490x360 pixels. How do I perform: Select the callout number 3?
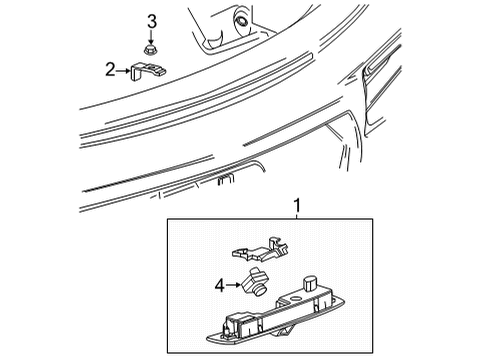click(x=152, y=22)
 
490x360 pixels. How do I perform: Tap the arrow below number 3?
click(x=152, y=36)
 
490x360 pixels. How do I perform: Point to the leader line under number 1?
click(x=295, y=214)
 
